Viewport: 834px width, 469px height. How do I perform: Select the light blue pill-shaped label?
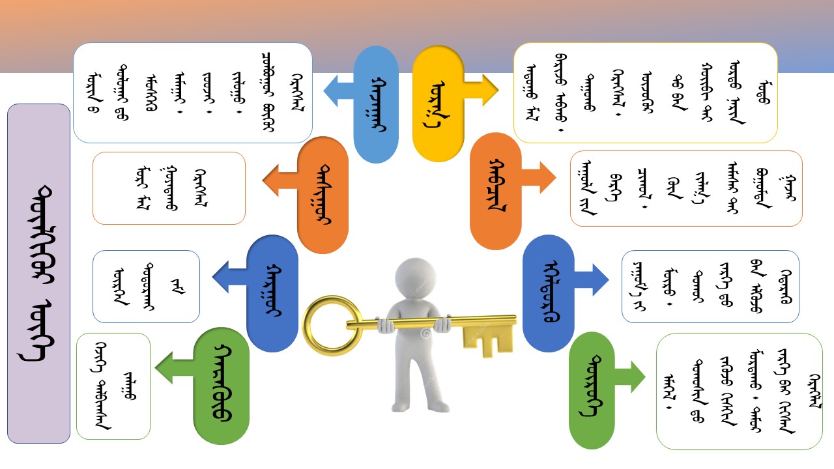click(376, 104)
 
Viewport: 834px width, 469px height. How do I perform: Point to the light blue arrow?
click(338, 91)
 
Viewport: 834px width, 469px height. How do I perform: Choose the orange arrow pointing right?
click(539, 177)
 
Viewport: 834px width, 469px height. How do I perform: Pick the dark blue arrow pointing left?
click(229, 275)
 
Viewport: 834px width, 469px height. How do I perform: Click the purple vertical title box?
click(38, 274)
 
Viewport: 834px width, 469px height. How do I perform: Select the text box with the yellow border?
click(645, 92)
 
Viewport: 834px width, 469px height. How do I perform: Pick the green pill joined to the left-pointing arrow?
click(222, 386)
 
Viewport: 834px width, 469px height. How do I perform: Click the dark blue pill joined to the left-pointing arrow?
click(272, 293)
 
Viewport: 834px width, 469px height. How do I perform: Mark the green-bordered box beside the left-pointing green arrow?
click(113, 386)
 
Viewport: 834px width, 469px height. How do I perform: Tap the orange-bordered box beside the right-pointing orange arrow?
click(685, 188)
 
